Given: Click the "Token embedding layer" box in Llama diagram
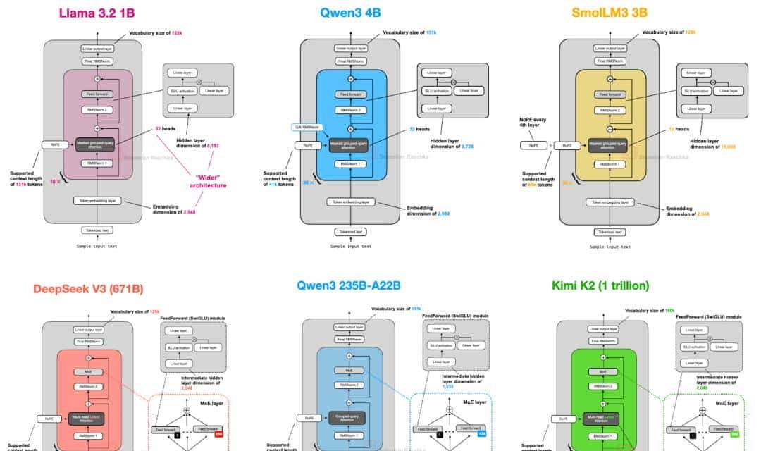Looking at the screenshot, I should (97, 201).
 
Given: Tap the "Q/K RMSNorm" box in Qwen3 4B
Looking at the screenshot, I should (307, 127).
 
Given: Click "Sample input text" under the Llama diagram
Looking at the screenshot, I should (97, 246).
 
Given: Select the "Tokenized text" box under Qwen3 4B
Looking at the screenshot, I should (351, 232).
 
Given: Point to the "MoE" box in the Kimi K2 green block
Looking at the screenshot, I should (603, 371).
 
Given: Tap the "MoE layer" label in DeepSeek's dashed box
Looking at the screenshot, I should (211, 404).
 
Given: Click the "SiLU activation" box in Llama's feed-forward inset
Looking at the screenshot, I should (181, 92).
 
